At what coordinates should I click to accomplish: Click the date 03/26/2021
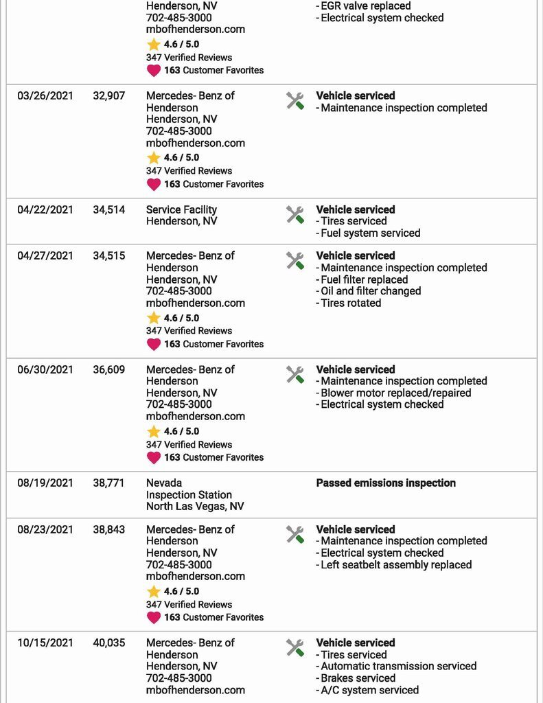[45, 96]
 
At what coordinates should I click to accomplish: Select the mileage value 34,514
[108, 210]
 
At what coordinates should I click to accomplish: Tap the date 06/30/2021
[45, 369]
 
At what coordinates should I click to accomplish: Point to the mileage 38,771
[108, 483]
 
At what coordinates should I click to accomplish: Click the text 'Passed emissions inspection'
[386, 483]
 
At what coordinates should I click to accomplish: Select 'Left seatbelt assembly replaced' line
[396, 565]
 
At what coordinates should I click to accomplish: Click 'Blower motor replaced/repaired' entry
[396, 393]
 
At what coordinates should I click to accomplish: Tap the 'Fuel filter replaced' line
[365, 280]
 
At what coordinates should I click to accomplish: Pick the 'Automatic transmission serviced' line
[398, 666]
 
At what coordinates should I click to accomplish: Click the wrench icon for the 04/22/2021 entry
[295, 215]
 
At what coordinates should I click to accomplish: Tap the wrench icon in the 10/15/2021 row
[295, 648]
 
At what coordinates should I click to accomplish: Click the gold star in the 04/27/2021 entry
[154, 318]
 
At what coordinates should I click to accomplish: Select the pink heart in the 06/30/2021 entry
[154, 458]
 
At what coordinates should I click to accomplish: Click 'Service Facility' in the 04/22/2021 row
[181, 210]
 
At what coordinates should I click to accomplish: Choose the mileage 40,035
[108, 643]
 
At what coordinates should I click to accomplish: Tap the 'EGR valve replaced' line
[366, 6]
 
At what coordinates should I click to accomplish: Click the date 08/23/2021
[45, 529]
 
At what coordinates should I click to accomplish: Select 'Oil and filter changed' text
[371, 291]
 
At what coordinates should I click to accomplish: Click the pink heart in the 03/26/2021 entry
[154, 185]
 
